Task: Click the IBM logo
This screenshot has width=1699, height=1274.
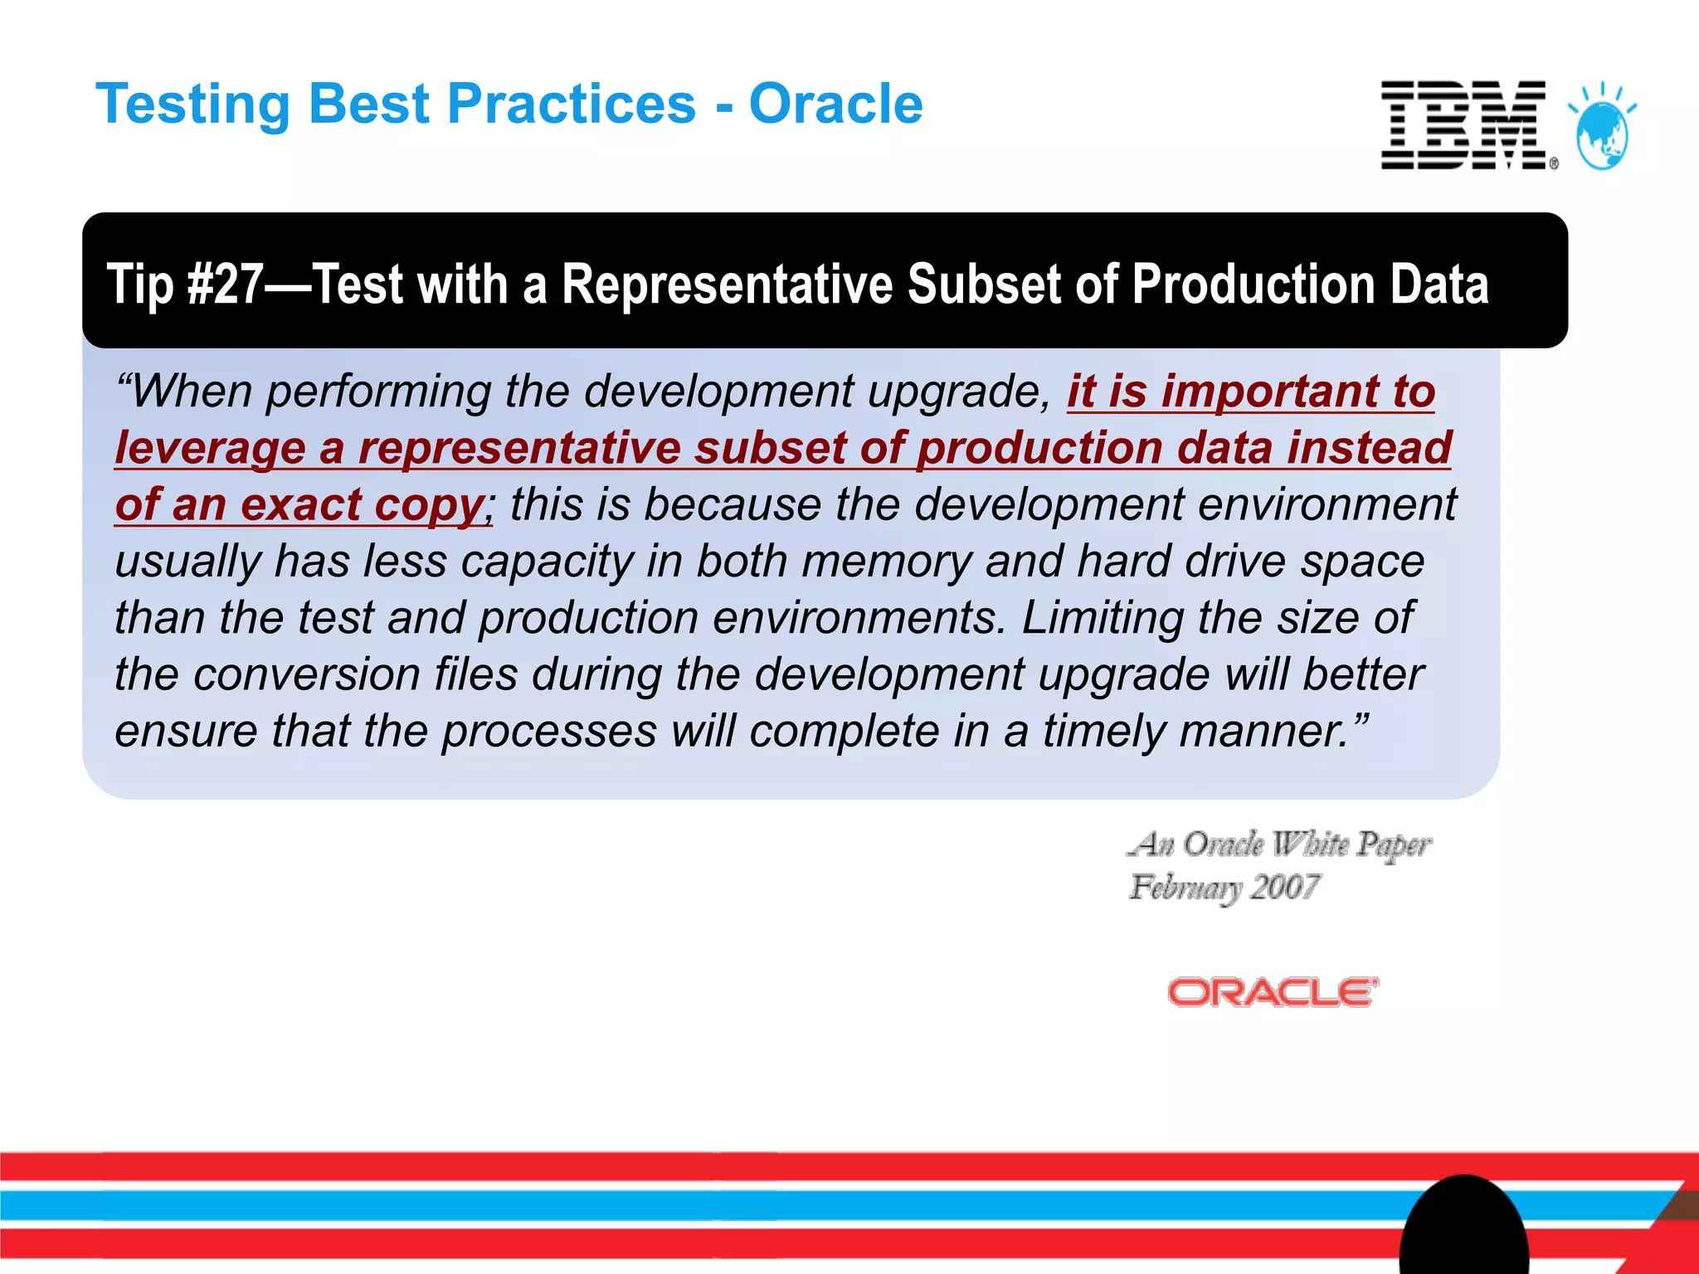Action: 1464,125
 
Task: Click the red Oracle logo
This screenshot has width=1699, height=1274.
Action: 1273,992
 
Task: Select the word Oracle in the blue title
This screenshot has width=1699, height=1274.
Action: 835,105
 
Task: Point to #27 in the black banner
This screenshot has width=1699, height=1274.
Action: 225,284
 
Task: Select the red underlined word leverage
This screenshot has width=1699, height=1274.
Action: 211,449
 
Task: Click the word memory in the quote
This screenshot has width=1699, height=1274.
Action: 885,562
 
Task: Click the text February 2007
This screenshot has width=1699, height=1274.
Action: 1224,887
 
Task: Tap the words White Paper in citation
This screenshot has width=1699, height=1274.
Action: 1351,844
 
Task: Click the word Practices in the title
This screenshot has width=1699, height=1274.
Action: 572,105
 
